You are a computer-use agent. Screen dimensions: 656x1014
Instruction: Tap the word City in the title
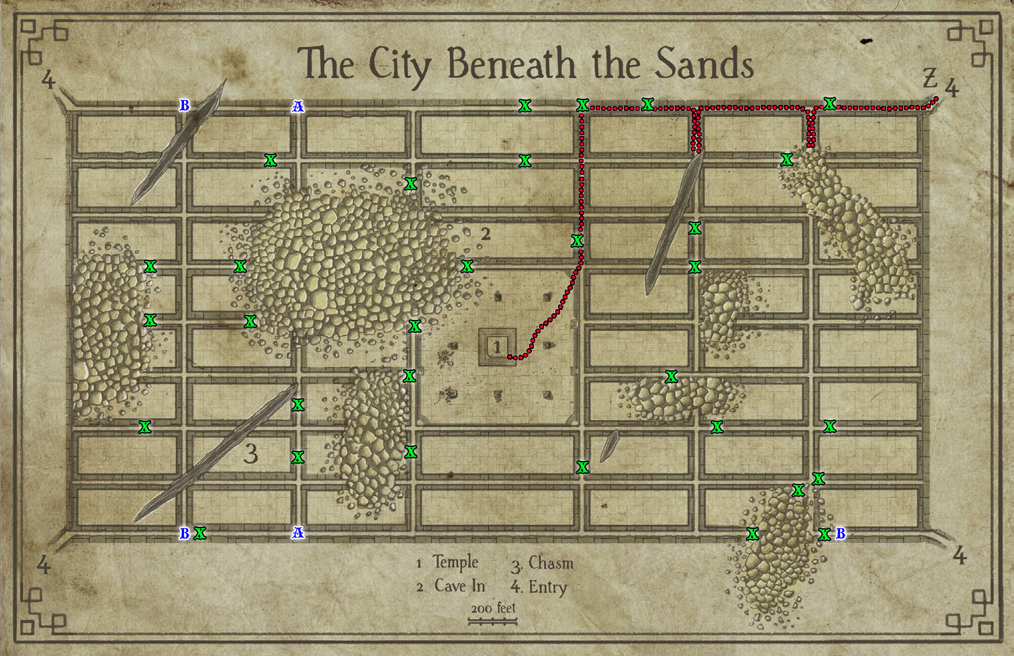403,65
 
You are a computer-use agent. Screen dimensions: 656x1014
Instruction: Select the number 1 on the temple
497,347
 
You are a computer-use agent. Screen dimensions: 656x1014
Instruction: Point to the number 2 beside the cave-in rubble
486,234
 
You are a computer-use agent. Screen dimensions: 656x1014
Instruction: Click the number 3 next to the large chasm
250,455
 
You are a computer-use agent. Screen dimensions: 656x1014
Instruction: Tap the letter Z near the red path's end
929,79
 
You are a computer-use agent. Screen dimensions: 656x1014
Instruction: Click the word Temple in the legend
455,562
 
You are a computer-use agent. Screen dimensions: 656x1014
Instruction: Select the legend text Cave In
459,586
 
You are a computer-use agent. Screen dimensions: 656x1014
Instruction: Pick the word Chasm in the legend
551,563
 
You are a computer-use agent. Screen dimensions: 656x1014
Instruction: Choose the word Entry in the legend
547,587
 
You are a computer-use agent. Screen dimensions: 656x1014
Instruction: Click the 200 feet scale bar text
493,608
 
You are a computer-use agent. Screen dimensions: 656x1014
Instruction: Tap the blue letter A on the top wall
297,106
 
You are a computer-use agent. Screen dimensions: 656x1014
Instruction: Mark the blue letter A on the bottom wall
297,533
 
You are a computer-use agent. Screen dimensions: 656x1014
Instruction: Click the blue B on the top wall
184,106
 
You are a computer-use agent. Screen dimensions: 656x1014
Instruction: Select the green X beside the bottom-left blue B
199,534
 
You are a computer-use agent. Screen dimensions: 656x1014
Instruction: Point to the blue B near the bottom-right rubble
839,534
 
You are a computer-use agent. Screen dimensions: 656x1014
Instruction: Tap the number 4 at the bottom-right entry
959,556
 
